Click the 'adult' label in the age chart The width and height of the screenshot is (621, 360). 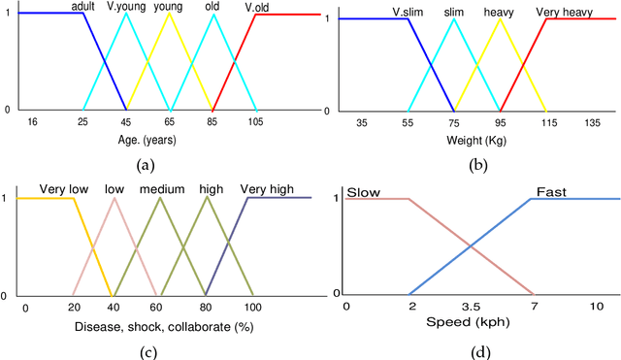click(x=82, y=6)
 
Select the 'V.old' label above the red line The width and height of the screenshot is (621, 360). click(x=257, y=7)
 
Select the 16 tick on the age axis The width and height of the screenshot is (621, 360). click(x=32, y=123)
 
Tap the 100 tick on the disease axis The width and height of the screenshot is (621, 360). click(x=251, y=308)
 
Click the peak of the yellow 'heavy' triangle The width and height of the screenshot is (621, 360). click(x=500, y=19)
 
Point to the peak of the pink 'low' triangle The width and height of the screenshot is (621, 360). click(x=114, y=198)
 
